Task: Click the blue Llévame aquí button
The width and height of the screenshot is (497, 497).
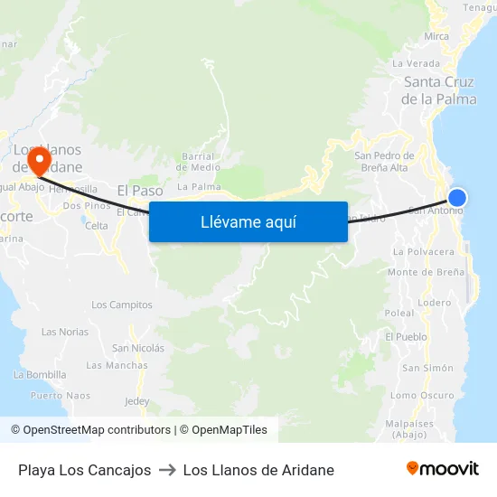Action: tap(248, 222)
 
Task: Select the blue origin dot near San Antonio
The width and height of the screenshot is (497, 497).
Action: tap(457, 198)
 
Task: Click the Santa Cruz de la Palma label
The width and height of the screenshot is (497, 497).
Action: tap(439, 90)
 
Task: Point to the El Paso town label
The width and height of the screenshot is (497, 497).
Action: tap(140, 191)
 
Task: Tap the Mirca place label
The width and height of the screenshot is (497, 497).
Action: tap(436, 37)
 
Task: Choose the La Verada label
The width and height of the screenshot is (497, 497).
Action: tap(417, 64)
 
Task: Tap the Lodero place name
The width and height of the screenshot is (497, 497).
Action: tap(434, 303)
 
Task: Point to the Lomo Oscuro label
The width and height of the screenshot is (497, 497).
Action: tap(422, 395)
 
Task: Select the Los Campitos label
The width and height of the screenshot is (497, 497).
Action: tap(122, 305)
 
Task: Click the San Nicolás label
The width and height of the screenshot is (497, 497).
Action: tap(138, 348)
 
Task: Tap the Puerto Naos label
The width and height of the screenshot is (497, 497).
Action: tap(59, 395)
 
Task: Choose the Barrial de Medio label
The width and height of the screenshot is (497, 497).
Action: tap(199, 161)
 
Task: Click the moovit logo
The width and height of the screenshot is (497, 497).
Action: tap(442, 468)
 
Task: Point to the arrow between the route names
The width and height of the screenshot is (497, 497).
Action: tap(167, 470)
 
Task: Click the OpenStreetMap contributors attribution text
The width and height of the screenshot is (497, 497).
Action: tap(90, 430)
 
